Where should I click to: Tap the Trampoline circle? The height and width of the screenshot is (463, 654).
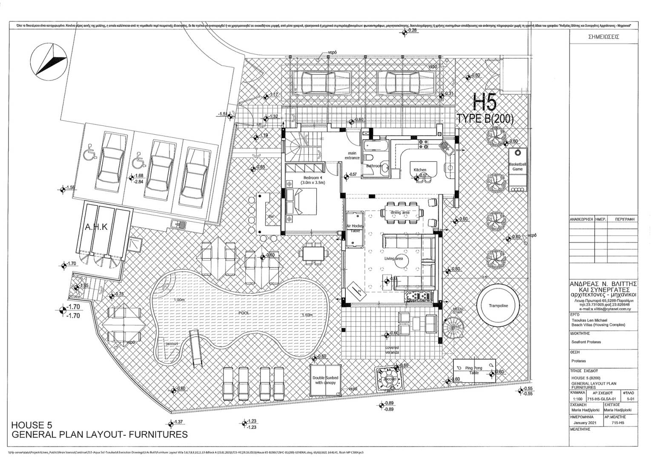498,306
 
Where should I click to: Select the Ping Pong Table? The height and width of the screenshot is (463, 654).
474,370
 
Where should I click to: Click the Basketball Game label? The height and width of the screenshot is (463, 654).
517,167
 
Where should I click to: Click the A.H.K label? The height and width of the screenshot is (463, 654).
96,227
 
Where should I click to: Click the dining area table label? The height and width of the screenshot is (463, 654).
400,212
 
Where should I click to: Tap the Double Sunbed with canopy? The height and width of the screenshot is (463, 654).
326,380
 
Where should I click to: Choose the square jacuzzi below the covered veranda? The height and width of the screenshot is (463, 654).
390,378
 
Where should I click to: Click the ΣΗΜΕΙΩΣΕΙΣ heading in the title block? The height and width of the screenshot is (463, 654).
603,37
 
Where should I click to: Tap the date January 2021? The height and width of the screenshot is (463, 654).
585,423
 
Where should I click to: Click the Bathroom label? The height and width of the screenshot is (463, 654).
374,166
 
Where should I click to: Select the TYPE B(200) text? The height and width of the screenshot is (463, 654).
485,119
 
